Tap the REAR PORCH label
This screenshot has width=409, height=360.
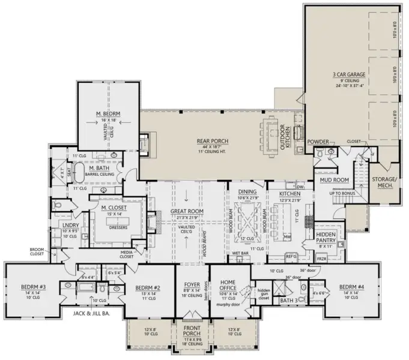(x=211, y=142)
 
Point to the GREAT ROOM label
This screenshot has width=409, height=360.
(x=187, y=212)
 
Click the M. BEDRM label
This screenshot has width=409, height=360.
(x=109, y=113)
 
